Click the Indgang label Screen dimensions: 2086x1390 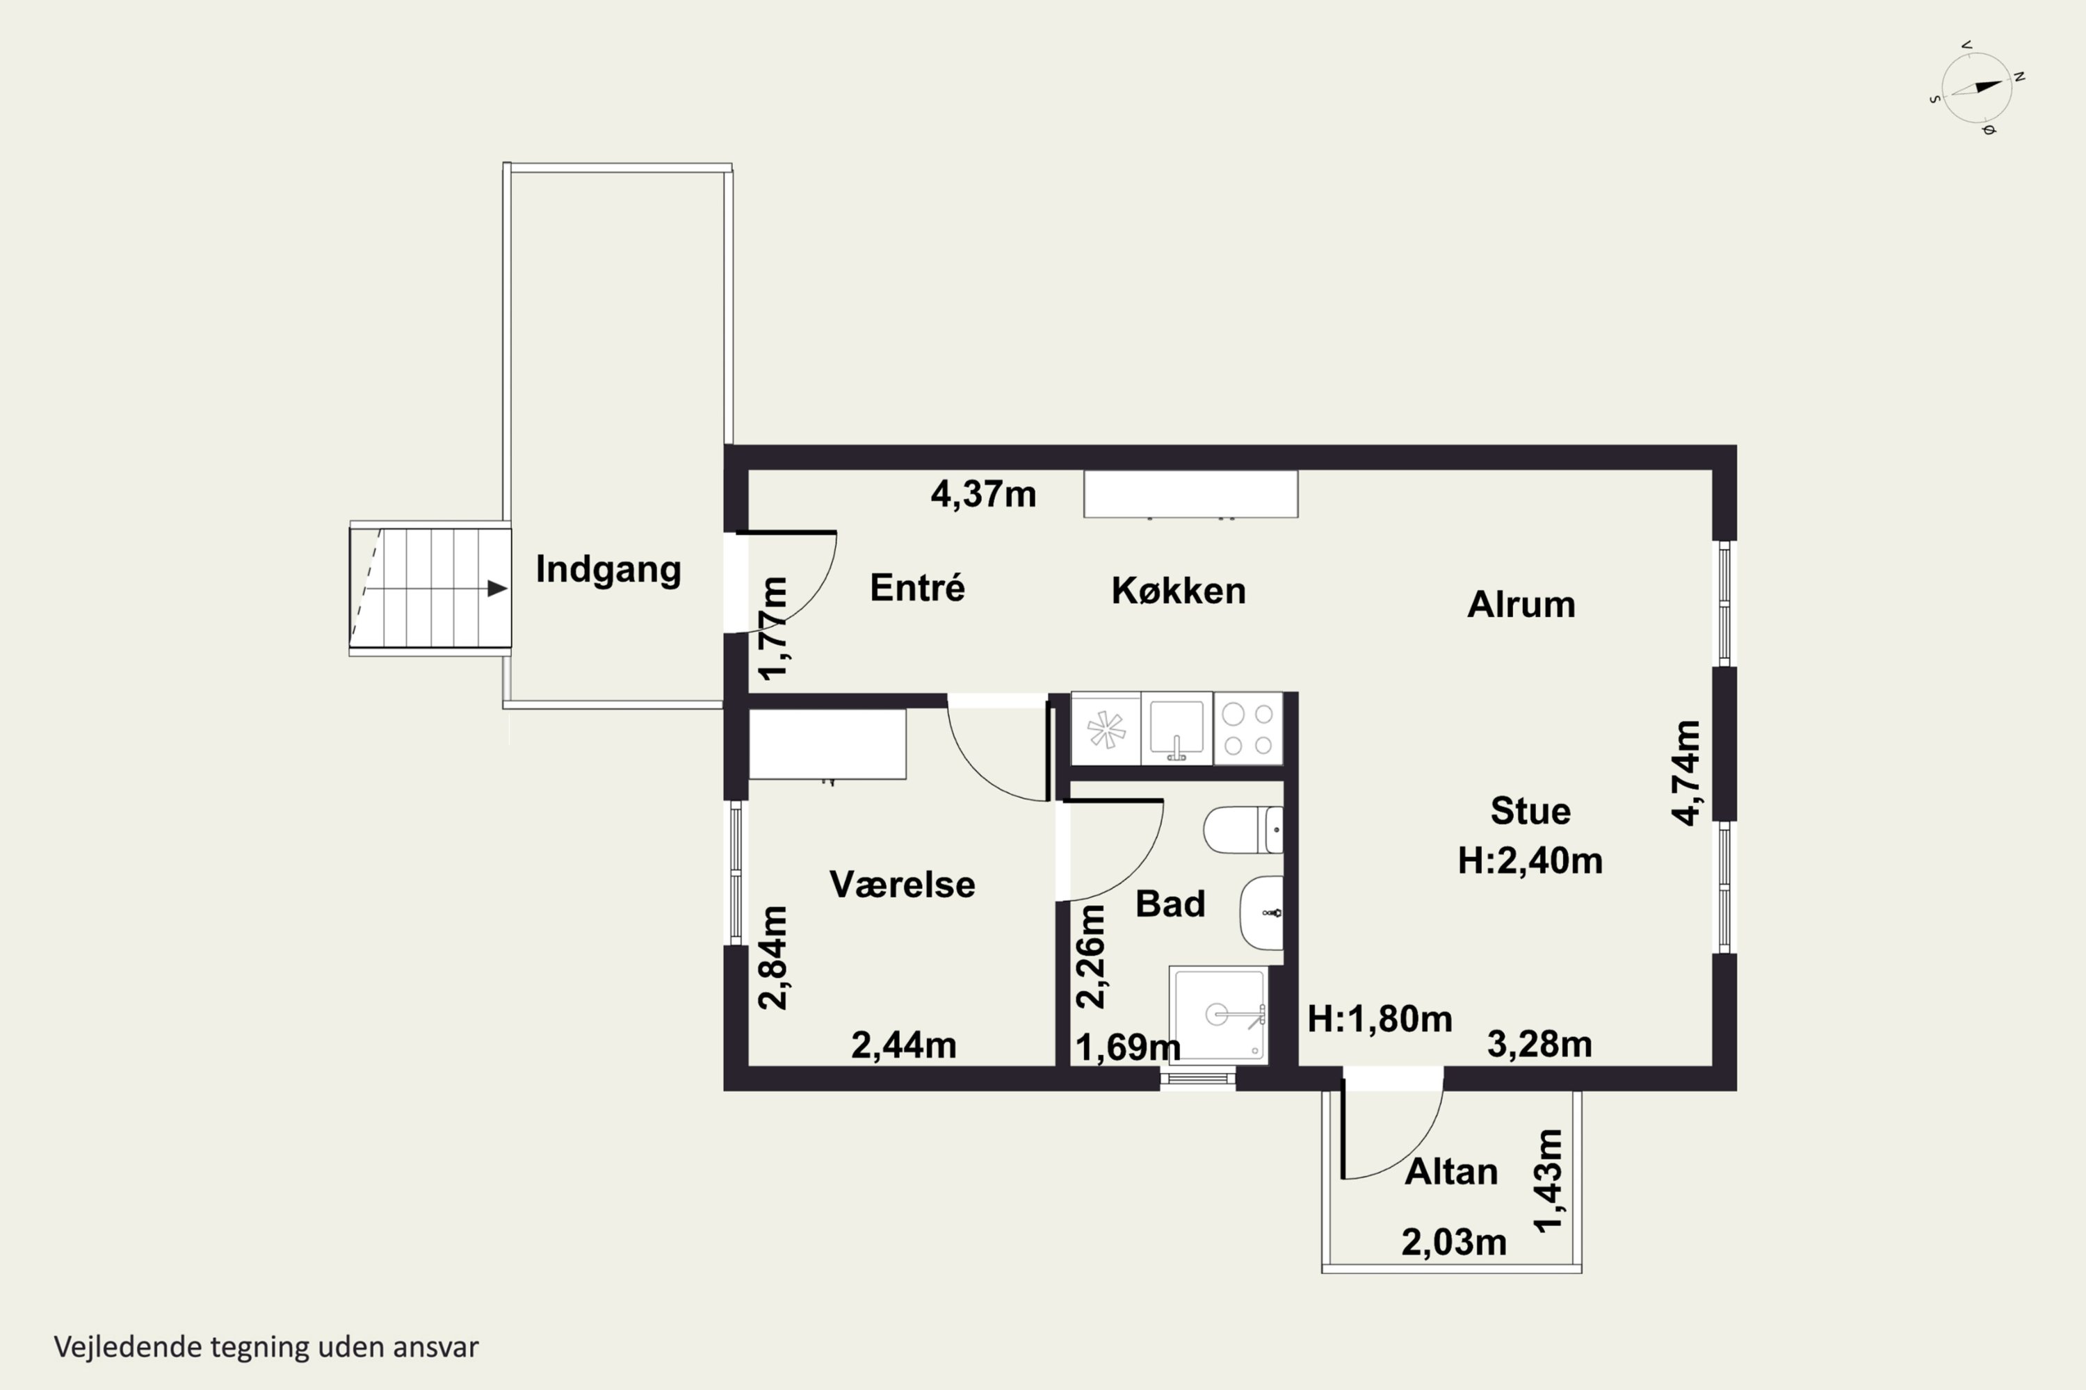pyautogui.click(x=608, y=570)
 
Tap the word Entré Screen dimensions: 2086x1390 pyautogui.click(x=917, y=588)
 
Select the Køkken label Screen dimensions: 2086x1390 pyautogui.click(x=1179, y=590)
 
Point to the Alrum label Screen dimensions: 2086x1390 pyautogui.click(x=1521, y=605)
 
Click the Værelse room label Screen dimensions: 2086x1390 pyautogui.click(x=902, y=884)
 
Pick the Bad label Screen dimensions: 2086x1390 pyautogui.click(x=1170, y=903)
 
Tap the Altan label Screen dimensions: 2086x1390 pyautogui.click(x=1451, y=1172)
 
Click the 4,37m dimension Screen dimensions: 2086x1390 pyautogui.click(x=983, y=493)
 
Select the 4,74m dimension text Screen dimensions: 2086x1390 pyautogui.click(x=1686, y=772)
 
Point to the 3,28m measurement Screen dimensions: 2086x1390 pyautogui.click(x=1539, y=1045)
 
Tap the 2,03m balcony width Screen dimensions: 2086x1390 pyautogui.click(x=1454, y=1243)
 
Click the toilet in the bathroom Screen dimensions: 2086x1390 pyautogui.click(x=1243, y=830)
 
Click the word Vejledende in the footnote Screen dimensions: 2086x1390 pyautogui.click(x=128, y=1347)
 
